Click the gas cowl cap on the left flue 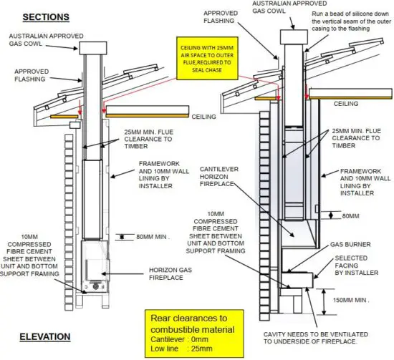[x=91, y=48]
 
